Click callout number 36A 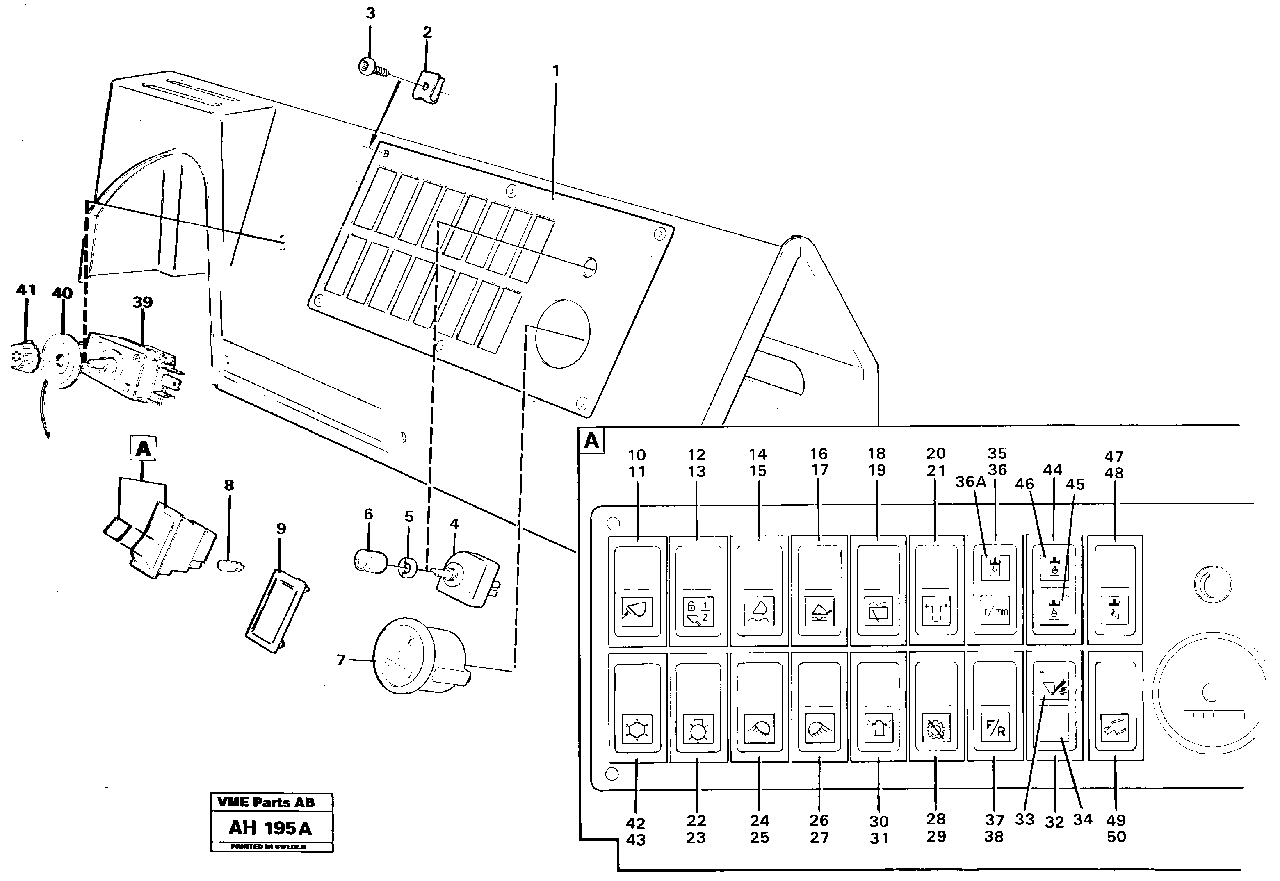pyautogui.click(x=971, y=482)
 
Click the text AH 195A pyautogui.click(x=270, y=828)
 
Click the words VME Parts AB pyautogui.click(x=266, y=802)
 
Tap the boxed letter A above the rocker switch pyautogui.click(x=143, y=449)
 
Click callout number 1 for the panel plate pyautogui.click(x=555, y=71)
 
